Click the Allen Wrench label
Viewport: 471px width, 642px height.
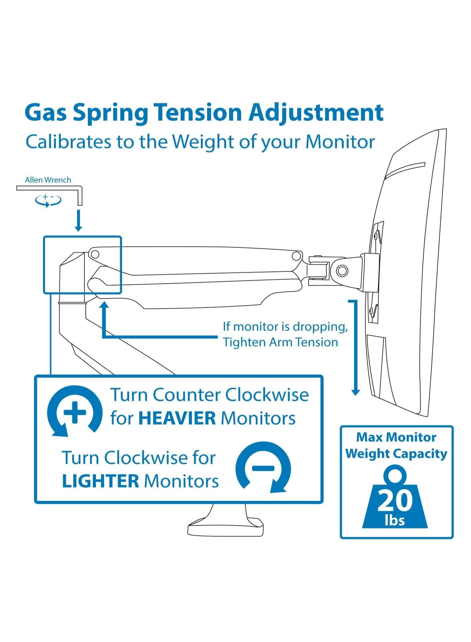[48, 180]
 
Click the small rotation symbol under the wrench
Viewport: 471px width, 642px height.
[48, 200]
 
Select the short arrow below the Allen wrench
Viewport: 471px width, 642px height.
[78, 221]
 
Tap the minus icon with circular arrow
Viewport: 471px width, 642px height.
[263, 468]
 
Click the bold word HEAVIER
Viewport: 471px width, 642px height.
[177, 419]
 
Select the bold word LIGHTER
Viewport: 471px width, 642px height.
[100, 481]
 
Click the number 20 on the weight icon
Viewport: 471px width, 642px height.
[395, 500]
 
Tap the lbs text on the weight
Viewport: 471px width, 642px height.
[395, 520]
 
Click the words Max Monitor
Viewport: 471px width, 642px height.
[396, 437]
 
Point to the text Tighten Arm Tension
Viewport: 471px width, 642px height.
[280, 342]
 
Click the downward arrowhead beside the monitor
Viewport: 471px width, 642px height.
[356, 392]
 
